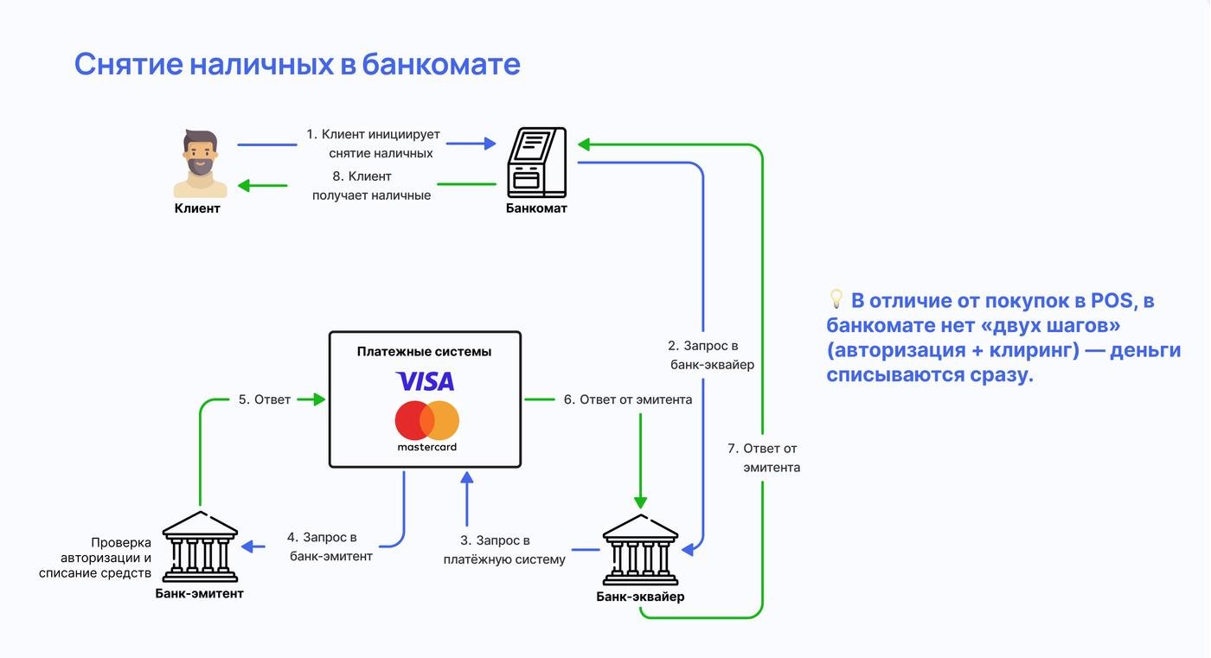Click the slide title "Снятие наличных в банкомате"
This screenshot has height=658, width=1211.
[297, 64]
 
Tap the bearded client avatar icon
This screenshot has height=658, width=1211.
[201, 164]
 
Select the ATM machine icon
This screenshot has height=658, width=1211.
[536, 162]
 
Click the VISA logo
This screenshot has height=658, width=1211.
[425, 381]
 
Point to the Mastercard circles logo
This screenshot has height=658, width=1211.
[427, 420]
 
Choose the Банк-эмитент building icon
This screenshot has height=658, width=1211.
[200, 546]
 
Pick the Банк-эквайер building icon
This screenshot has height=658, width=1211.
[640, 551]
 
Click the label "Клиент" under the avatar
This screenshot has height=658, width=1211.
[197, 208]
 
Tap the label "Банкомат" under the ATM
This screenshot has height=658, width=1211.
[536, 208]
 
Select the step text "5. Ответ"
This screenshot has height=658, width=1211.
[265, 399]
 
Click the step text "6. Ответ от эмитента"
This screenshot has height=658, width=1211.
[627, 399]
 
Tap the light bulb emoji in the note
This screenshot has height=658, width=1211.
[836, 299]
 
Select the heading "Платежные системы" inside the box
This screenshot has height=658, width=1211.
[424, 351]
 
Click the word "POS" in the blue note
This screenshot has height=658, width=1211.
[1112, 301]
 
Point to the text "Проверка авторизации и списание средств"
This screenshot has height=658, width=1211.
[95, 558]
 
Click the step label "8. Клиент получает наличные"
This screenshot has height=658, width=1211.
[371, 186]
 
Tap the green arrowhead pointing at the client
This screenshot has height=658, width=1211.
[245, 185]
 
